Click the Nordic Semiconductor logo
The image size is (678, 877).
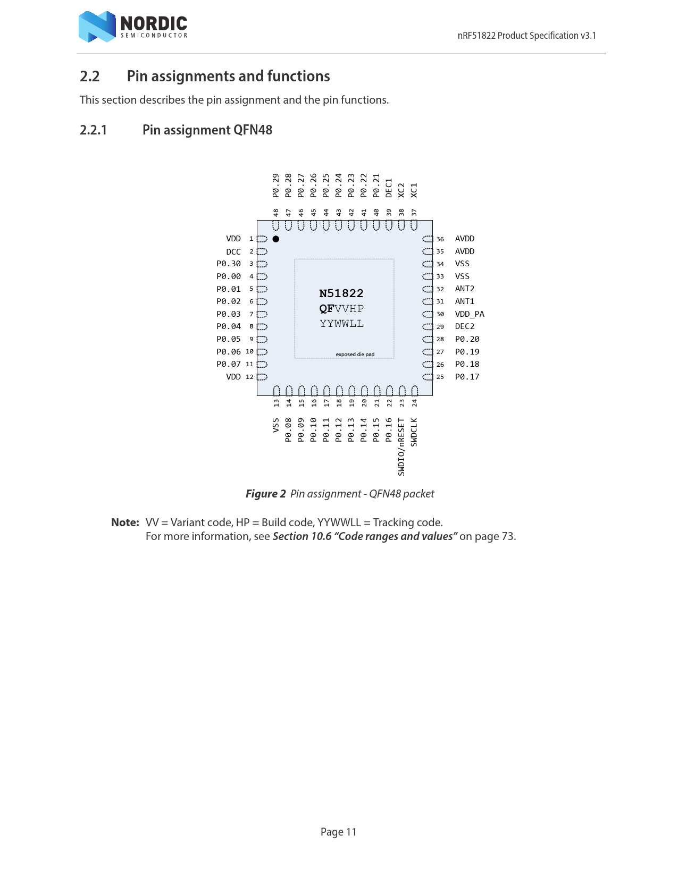click(x=133, y=27)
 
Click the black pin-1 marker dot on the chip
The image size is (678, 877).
click(x=276, y=239)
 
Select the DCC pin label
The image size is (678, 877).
click(x=233, y=252)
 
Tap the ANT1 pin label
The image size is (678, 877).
click(x=465, y=301)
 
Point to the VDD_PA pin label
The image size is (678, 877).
click(x=470, y=314)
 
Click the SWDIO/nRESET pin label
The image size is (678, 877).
click(x=401, y=446)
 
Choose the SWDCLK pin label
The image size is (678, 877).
click(x=414, y=432)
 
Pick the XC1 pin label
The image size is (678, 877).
click(x=414, y=190)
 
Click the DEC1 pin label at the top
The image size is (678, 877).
click(x=389, y=188)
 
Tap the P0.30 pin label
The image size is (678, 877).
click(x=229, y=264)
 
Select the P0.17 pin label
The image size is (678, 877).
click(x=467, y=377)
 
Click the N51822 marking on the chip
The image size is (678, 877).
click(x=341, y=293)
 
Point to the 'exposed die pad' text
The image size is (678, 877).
click(x=355, y=355)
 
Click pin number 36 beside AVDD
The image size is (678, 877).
click(x=440, y=239)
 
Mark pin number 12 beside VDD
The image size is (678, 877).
click(x=249, y=377)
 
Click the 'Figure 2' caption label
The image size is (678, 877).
click(x=266, y=494)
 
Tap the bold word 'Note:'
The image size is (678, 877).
click(x=125, y=522)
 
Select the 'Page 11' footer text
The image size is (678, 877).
click(x=338, y=832)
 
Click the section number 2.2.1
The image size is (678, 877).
click(x=94, y=130)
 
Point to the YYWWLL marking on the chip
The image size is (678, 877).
click(x=342, y=324)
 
